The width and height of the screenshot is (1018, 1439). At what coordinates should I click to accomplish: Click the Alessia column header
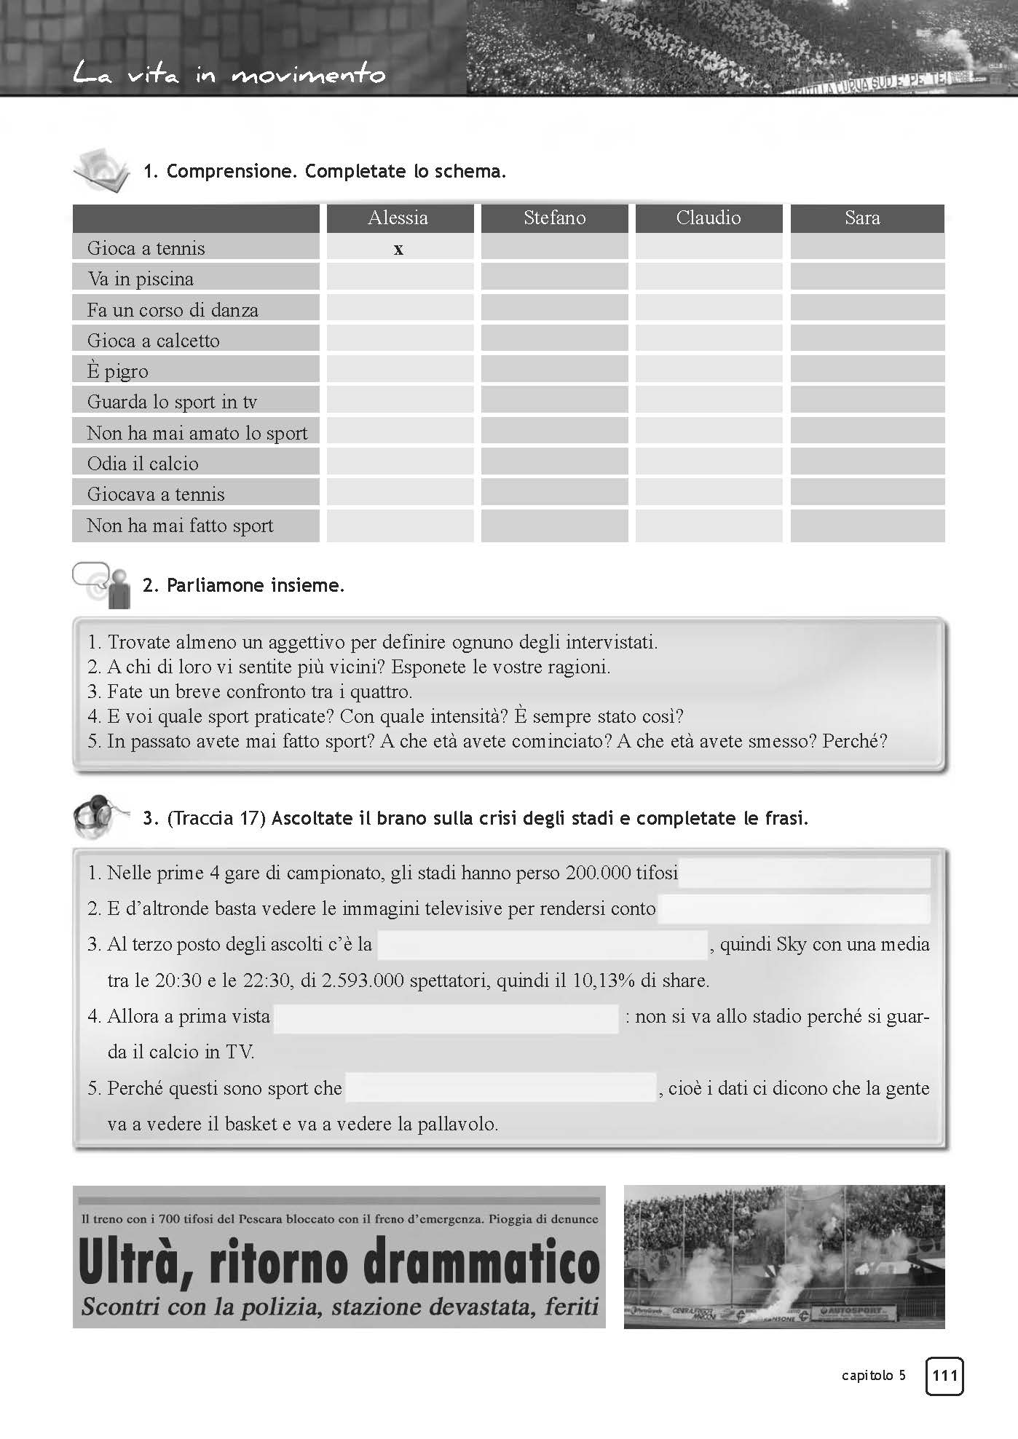coord(398,218)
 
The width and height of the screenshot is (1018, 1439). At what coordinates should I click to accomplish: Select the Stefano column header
coord(554,218)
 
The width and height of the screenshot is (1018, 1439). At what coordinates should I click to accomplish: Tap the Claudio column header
coord(709,218)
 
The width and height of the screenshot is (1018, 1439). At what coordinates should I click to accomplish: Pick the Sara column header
coord(863,218)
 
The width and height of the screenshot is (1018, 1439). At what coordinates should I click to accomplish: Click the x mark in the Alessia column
coord(398,249)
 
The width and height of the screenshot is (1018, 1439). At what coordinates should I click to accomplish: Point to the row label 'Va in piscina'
coord(141,279)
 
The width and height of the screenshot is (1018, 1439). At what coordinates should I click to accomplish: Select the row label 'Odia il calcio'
coord(143,464)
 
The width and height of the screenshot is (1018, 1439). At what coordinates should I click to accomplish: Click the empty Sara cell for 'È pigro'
coord(867,370)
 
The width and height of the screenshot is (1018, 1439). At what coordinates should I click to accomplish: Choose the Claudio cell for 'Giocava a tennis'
coord(709,493)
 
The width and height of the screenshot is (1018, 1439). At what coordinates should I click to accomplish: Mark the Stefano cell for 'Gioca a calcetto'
coord(554,339)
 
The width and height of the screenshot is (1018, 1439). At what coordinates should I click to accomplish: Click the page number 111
coord(944,1376)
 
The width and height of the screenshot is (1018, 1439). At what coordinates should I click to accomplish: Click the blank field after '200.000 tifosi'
coord(805,873)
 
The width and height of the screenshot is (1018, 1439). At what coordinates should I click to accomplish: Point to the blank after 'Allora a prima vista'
coord(446,1018)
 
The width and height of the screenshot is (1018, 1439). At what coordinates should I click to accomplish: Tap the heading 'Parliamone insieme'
coord(255,585)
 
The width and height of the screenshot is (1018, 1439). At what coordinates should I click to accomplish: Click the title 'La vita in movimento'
coord(229,74)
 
